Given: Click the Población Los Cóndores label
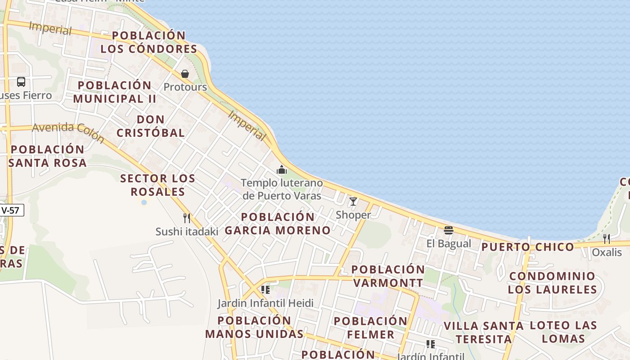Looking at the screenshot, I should coord(148,42).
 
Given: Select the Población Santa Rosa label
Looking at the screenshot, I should coord(47,156).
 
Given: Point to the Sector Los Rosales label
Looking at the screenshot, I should coord(157,185).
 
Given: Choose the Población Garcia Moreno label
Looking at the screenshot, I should coord(278,224).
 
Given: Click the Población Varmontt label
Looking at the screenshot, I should coord(388,276).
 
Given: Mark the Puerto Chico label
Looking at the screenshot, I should coord(528,247).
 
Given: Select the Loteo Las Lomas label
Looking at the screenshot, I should coord(563,332).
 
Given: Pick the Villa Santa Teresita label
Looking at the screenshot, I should coord(483,332).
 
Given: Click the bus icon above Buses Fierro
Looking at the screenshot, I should coord(21,82).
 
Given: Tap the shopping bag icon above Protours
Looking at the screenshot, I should coord(185,74).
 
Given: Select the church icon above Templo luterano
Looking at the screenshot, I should coord(282,170).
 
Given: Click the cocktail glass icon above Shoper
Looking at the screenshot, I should coord(353,202).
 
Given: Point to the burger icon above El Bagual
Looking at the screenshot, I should coord(448,230).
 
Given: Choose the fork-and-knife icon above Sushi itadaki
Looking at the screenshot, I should coord(187,218).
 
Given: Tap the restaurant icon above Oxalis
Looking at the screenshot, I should coord(607,238).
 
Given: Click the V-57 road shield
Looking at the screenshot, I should coord(12,210).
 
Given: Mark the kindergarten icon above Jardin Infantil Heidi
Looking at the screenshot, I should coord(265,289).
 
